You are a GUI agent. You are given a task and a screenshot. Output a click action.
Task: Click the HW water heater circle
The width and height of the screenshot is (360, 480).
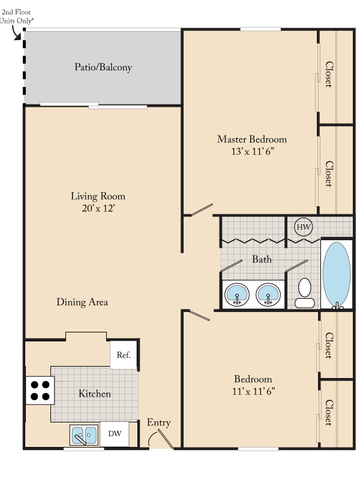pos(303,227)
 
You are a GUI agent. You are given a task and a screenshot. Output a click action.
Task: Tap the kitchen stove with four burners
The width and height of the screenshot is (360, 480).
pos(40,391)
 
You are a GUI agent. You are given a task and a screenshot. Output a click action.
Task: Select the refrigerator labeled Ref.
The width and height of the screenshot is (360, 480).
pos(124,355)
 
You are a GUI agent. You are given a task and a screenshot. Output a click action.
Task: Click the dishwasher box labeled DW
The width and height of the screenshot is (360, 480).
pos(115,433)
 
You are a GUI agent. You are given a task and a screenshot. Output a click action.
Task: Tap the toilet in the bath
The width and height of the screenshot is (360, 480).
pos(305,292)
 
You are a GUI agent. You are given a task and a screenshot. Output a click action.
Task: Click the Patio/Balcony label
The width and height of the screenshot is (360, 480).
pos(103,67)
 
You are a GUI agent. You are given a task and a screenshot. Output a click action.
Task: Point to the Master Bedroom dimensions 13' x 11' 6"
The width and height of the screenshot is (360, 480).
pos(251,152)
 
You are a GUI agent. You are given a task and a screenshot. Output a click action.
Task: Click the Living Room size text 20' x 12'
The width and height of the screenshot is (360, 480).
pos(98,208)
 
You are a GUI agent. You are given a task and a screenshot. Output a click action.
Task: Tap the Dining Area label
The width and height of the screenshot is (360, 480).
pos(82,302)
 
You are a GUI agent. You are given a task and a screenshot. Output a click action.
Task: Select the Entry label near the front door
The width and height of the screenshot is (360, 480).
pos(158,422)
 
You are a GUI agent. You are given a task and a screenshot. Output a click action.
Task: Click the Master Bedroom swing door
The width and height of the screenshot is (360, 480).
pos(199,209)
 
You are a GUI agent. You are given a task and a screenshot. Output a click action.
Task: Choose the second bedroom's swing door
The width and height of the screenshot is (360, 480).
pos(197,315)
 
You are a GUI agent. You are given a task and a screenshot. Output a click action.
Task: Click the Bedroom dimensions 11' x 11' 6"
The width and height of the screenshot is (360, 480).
pos(252,391)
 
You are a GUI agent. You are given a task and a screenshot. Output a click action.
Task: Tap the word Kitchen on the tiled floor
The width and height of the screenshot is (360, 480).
pos(95,394)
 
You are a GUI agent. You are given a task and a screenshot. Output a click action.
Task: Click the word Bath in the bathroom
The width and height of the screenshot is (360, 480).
pos(262,259)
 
